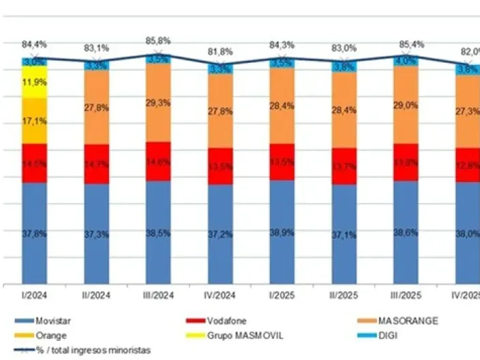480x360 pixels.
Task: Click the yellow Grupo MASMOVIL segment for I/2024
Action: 34,82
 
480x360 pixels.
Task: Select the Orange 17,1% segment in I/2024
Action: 34,121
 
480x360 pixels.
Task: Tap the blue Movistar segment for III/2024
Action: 158,232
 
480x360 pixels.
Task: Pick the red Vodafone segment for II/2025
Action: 344,166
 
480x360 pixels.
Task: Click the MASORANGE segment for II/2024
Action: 96,107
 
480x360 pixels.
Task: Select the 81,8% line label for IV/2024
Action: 220,51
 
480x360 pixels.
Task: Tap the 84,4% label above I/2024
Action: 34,46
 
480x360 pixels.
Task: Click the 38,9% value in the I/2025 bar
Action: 282,232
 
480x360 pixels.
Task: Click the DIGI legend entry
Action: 389,335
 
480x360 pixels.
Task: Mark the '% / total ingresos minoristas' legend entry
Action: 89,350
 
